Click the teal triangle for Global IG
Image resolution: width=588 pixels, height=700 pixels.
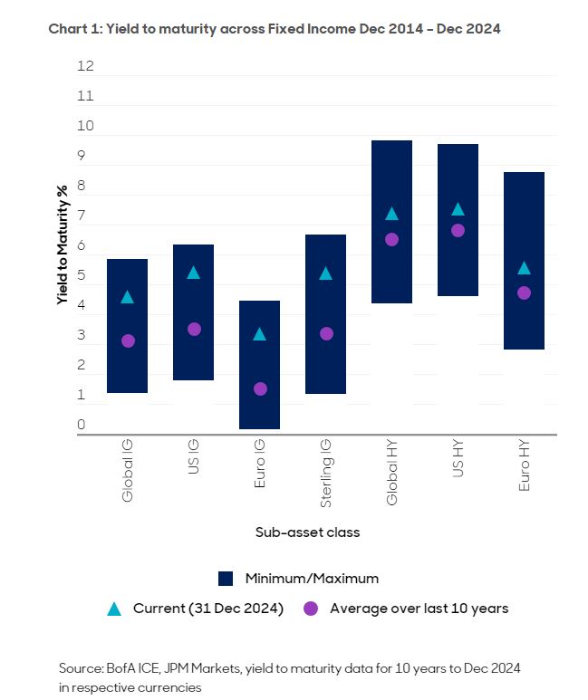pyautogui.click(x=128, y=297)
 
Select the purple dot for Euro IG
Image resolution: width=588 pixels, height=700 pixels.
pyautogui.click(x=260, y=388)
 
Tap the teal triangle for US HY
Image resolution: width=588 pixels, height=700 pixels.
pyautogui.click(x=458, y=209)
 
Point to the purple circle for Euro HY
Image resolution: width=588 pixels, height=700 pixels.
pyautogui.click(x=524, y=292)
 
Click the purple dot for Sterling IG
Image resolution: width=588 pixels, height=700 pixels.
pyautogui.click(x=326, y=333)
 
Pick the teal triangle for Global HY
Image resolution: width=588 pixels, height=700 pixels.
pyautogui.click(x=391, y=214)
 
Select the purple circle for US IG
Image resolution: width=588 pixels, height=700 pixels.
pyautogui.click(x=194, y=329)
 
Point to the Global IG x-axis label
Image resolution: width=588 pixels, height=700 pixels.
pyautogui.click(x=128, y=471)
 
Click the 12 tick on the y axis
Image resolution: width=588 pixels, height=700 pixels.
pyautogui.click(x=86, y=66)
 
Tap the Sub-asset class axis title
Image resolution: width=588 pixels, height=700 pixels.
pyautogui.click(x=307, y=532)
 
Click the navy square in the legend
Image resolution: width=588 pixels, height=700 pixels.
pyautogui.click(x=227, y=578)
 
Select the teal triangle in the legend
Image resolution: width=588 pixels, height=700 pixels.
pyautogui.click(x=114, y=609)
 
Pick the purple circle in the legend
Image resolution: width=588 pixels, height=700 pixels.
pyautogui.click(x=311, y=609)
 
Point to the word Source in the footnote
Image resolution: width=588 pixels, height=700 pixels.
pyautogui.click(x=82, y=668)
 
